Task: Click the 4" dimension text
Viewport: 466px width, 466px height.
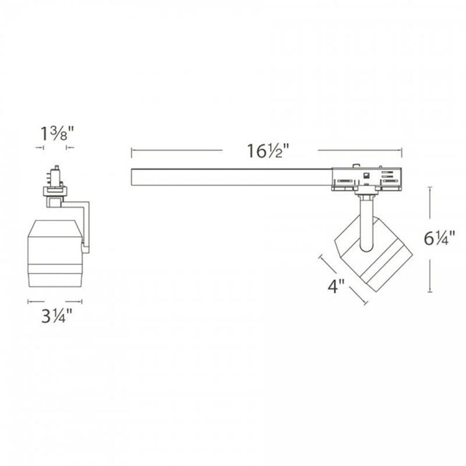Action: (336, 287)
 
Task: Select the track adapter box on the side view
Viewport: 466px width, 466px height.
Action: (367, 178)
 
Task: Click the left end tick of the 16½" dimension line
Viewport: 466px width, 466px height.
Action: (132, 151)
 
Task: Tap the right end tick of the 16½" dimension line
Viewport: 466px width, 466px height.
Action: (402, 151)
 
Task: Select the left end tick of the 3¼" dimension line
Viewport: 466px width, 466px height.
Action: (29, 302)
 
